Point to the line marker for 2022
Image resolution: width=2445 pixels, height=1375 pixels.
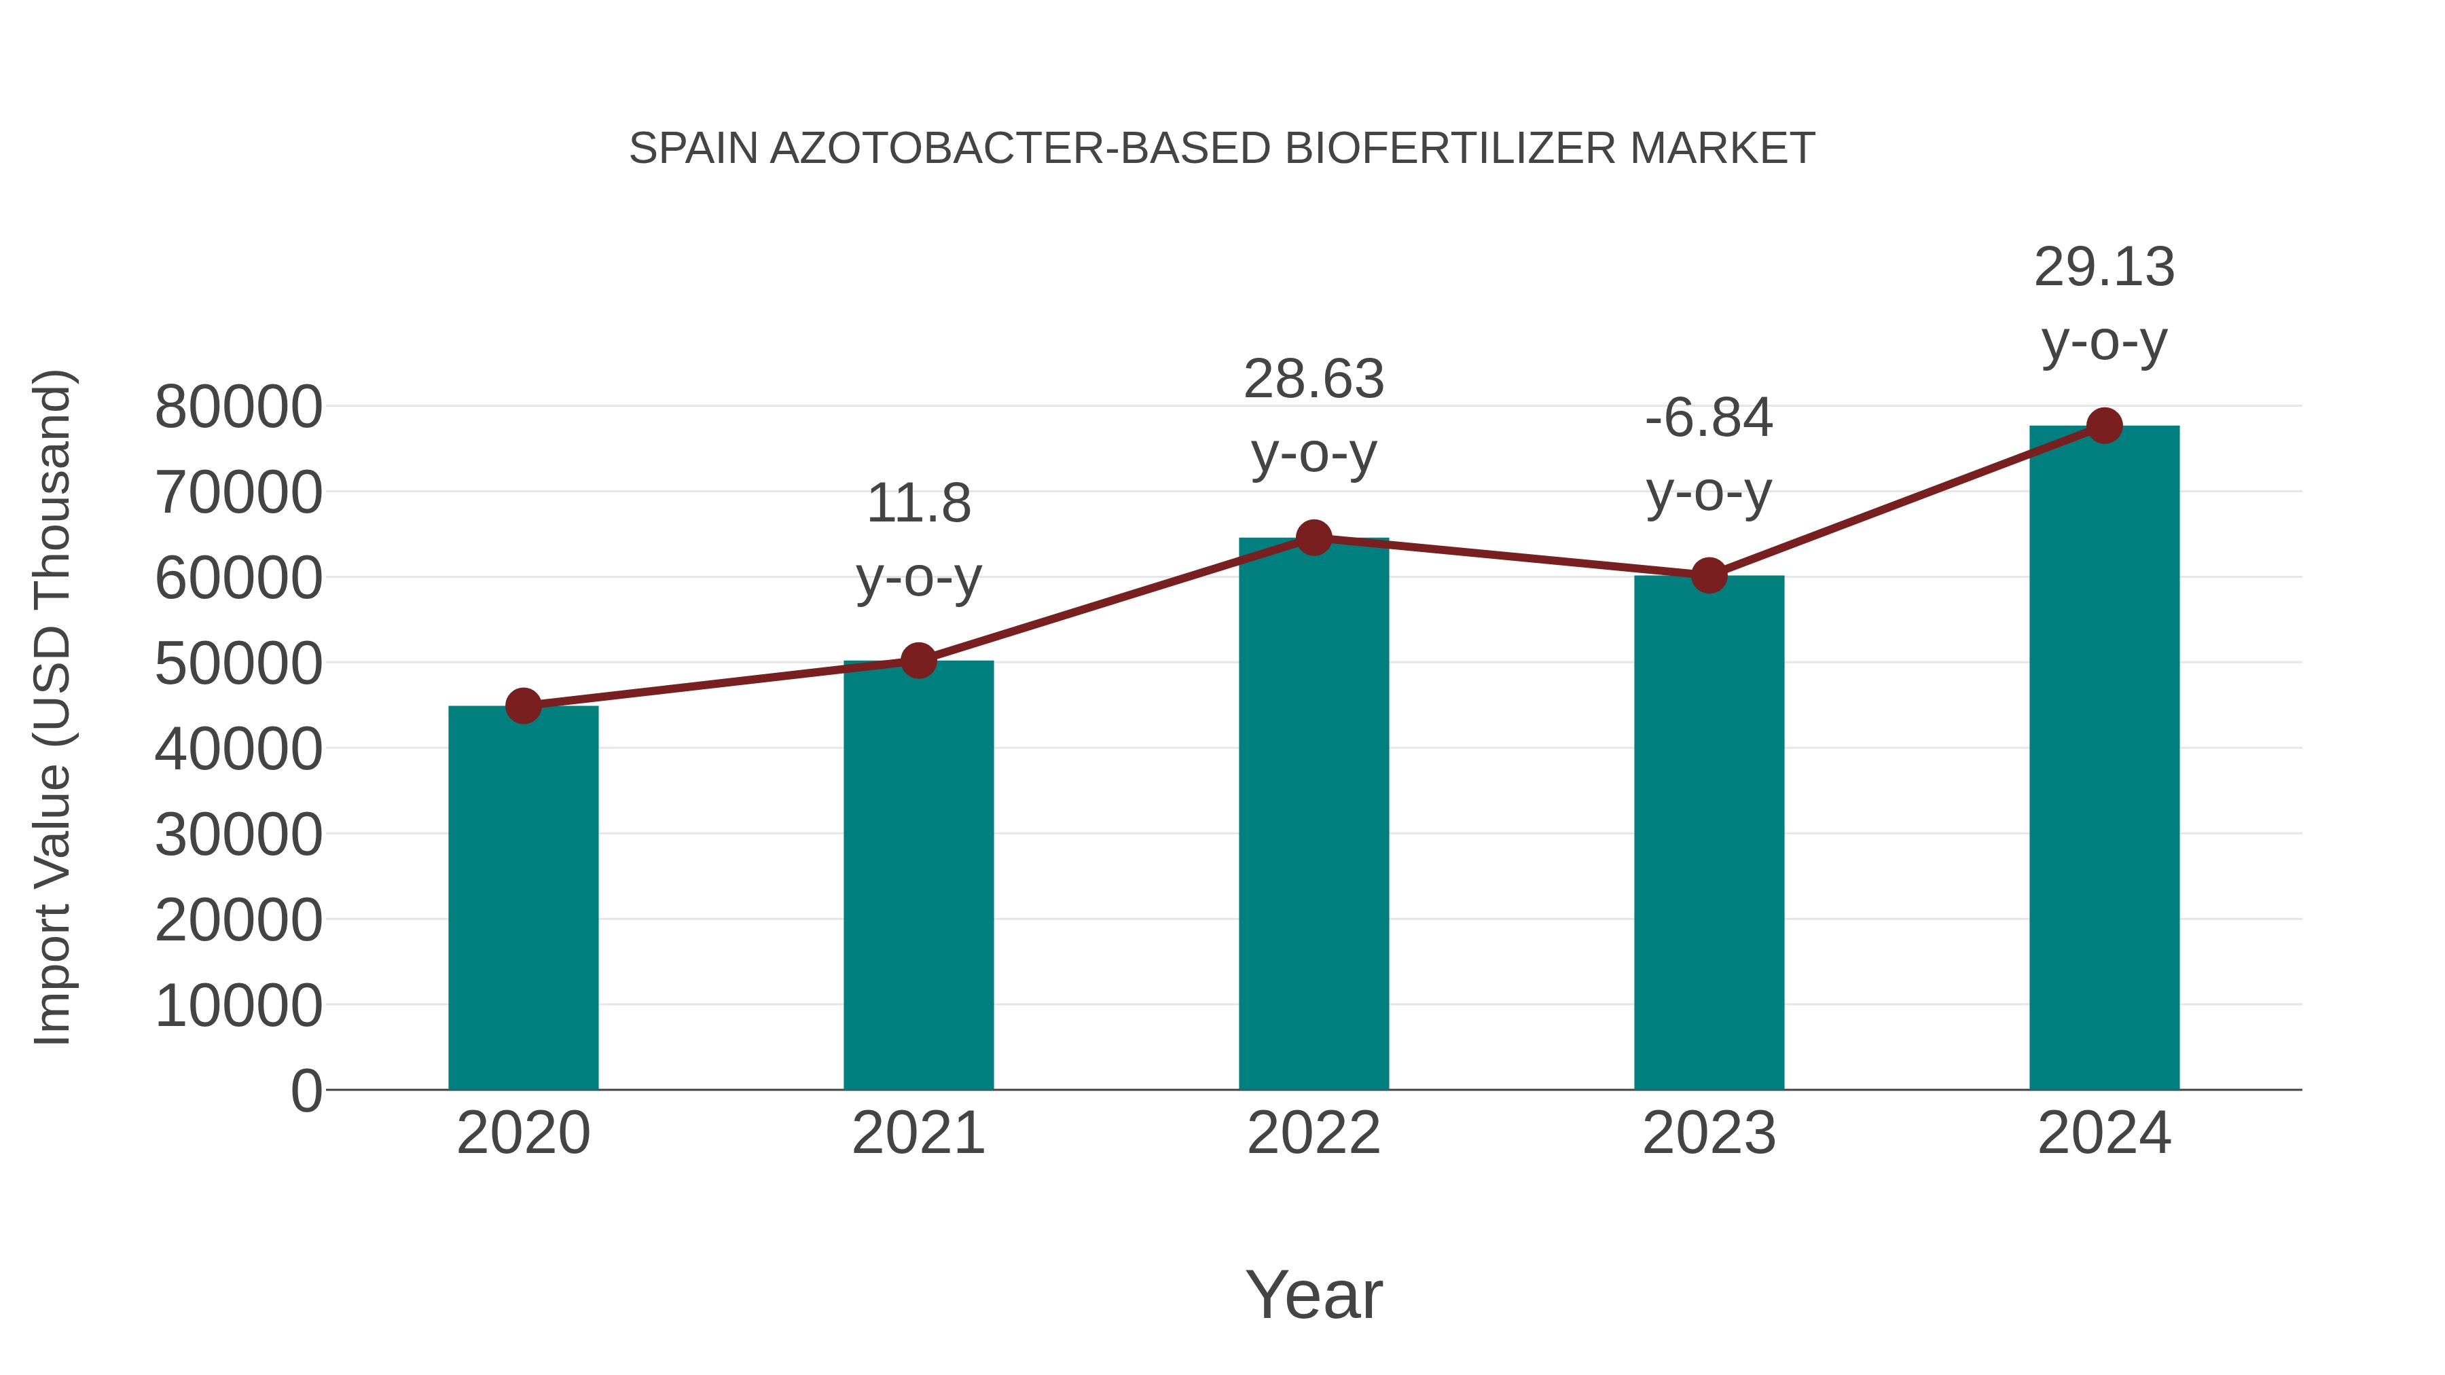(x=1314, y=538)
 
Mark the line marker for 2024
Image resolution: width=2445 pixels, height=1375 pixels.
(x=2104, y=426)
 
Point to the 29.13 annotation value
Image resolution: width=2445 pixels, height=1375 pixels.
(x=2104, y=268)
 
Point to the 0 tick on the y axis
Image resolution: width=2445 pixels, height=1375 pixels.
(x=306, y=1090)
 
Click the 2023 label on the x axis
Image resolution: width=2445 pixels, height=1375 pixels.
(x=1709, y=1133)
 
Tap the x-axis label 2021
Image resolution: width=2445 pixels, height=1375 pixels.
(x=918, y=1133)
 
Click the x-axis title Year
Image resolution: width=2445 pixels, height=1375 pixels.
(x=1314, y=1294)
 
